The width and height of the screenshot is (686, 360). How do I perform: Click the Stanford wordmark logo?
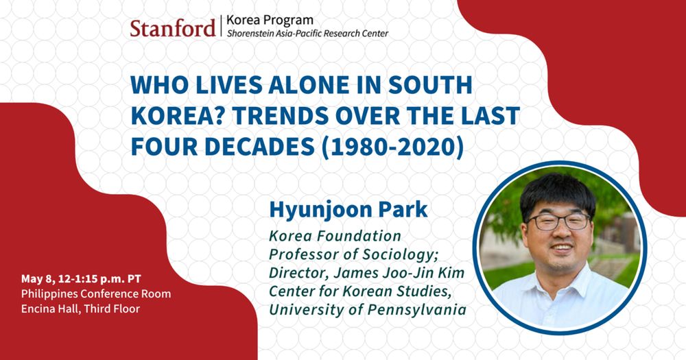click(172, 28)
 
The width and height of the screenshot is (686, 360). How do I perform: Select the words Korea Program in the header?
click(270, 20)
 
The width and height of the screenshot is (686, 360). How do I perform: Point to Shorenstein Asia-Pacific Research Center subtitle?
click(307, 34)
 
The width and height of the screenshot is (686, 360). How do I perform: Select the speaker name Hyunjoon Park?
click(348, 210)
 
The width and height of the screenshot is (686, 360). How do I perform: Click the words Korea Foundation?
click(335, 236)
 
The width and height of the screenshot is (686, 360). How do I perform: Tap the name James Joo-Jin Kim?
click(399, 273)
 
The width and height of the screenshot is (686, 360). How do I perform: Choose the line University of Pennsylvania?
click(368, 310)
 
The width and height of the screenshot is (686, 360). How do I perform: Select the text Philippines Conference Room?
click(96, 294)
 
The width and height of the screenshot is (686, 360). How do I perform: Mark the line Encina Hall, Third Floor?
click(80, 309)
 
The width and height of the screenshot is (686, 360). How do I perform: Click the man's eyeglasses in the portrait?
click(558, 221)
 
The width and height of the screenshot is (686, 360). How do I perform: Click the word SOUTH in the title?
click(431, 85)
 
